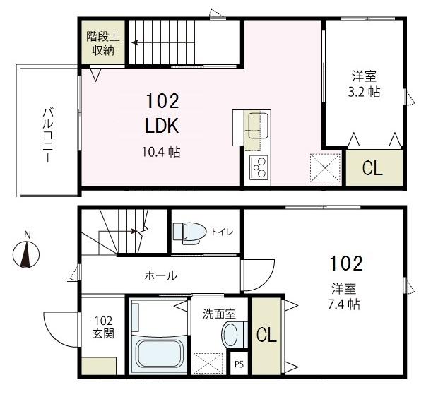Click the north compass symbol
tap(26, 254)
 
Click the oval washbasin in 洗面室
tap(232, 333)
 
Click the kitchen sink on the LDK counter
tap(257, 125)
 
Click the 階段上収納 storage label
tap(102, 42)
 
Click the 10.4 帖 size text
tap(162, 151)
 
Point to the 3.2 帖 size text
tap(365, 93)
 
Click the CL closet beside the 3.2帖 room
tap(373, 168)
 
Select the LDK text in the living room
tap(162, 126)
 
